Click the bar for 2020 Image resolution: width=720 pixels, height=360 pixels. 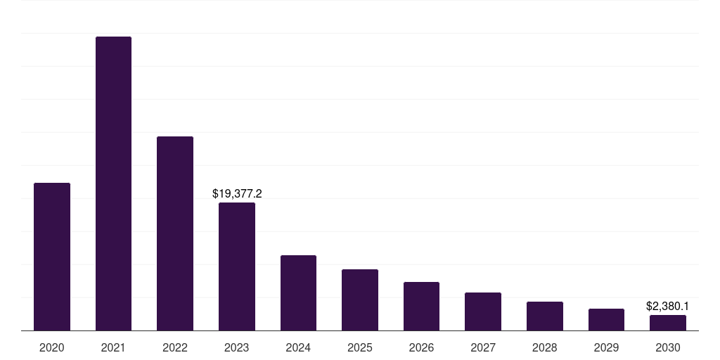point(52,257)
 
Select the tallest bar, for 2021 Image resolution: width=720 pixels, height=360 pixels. point(113,184)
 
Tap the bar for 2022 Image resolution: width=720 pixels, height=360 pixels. point(175,233)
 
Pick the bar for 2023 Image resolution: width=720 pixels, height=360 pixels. point(237,266)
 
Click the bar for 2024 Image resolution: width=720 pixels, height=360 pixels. point(298,292)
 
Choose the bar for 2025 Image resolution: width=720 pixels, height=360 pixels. point(360,300)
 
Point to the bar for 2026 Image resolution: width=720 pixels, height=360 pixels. point(421,306)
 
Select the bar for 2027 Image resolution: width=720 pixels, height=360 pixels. point(483,311)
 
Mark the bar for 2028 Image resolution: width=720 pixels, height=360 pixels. point(545,316)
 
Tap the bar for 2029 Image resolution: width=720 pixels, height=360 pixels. point(606,319)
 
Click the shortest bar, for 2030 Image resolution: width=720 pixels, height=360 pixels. point(668,323)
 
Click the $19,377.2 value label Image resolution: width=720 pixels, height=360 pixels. point(237,193)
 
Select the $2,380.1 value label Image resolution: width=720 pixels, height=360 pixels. point(667,306)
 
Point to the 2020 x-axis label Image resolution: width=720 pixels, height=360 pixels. point(52,347)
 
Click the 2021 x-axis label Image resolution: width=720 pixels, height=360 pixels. point(113,347)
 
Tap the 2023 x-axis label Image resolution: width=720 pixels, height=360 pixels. point(237,347)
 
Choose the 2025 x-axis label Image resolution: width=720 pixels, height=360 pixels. point(360,347)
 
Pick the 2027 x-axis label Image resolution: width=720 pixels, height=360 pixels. point(483,347)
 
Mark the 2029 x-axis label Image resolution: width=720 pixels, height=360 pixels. point(606,347)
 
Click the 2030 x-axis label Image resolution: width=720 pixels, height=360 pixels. point(668,347)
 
